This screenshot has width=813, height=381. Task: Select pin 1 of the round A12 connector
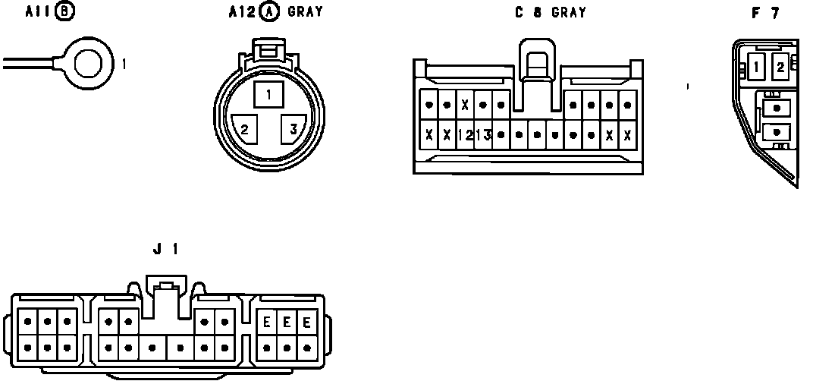click(268, 95)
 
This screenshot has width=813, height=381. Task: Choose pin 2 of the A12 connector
click(245, 128)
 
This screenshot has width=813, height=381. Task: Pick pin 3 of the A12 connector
click(293, 128)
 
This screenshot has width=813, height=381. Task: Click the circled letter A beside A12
click(268, 12)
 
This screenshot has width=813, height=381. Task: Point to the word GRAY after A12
click(305, 12)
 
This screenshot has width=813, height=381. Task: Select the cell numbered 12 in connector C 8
click(466, 135)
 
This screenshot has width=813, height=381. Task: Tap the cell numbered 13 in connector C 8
click(483, 135)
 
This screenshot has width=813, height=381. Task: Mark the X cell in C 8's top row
click(465, 105)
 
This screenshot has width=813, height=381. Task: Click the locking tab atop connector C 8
click(537, 59)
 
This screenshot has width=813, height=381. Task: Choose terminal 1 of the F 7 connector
click(757, 68)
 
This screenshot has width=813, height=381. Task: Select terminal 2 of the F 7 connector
click(780, 68)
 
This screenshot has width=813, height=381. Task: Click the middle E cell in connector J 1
click(287, 322)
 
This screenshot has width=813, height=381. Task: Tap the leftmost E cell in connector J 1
click(267, 322)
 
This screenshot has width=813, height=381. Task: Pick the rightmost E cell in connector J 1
click(307, 322)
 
